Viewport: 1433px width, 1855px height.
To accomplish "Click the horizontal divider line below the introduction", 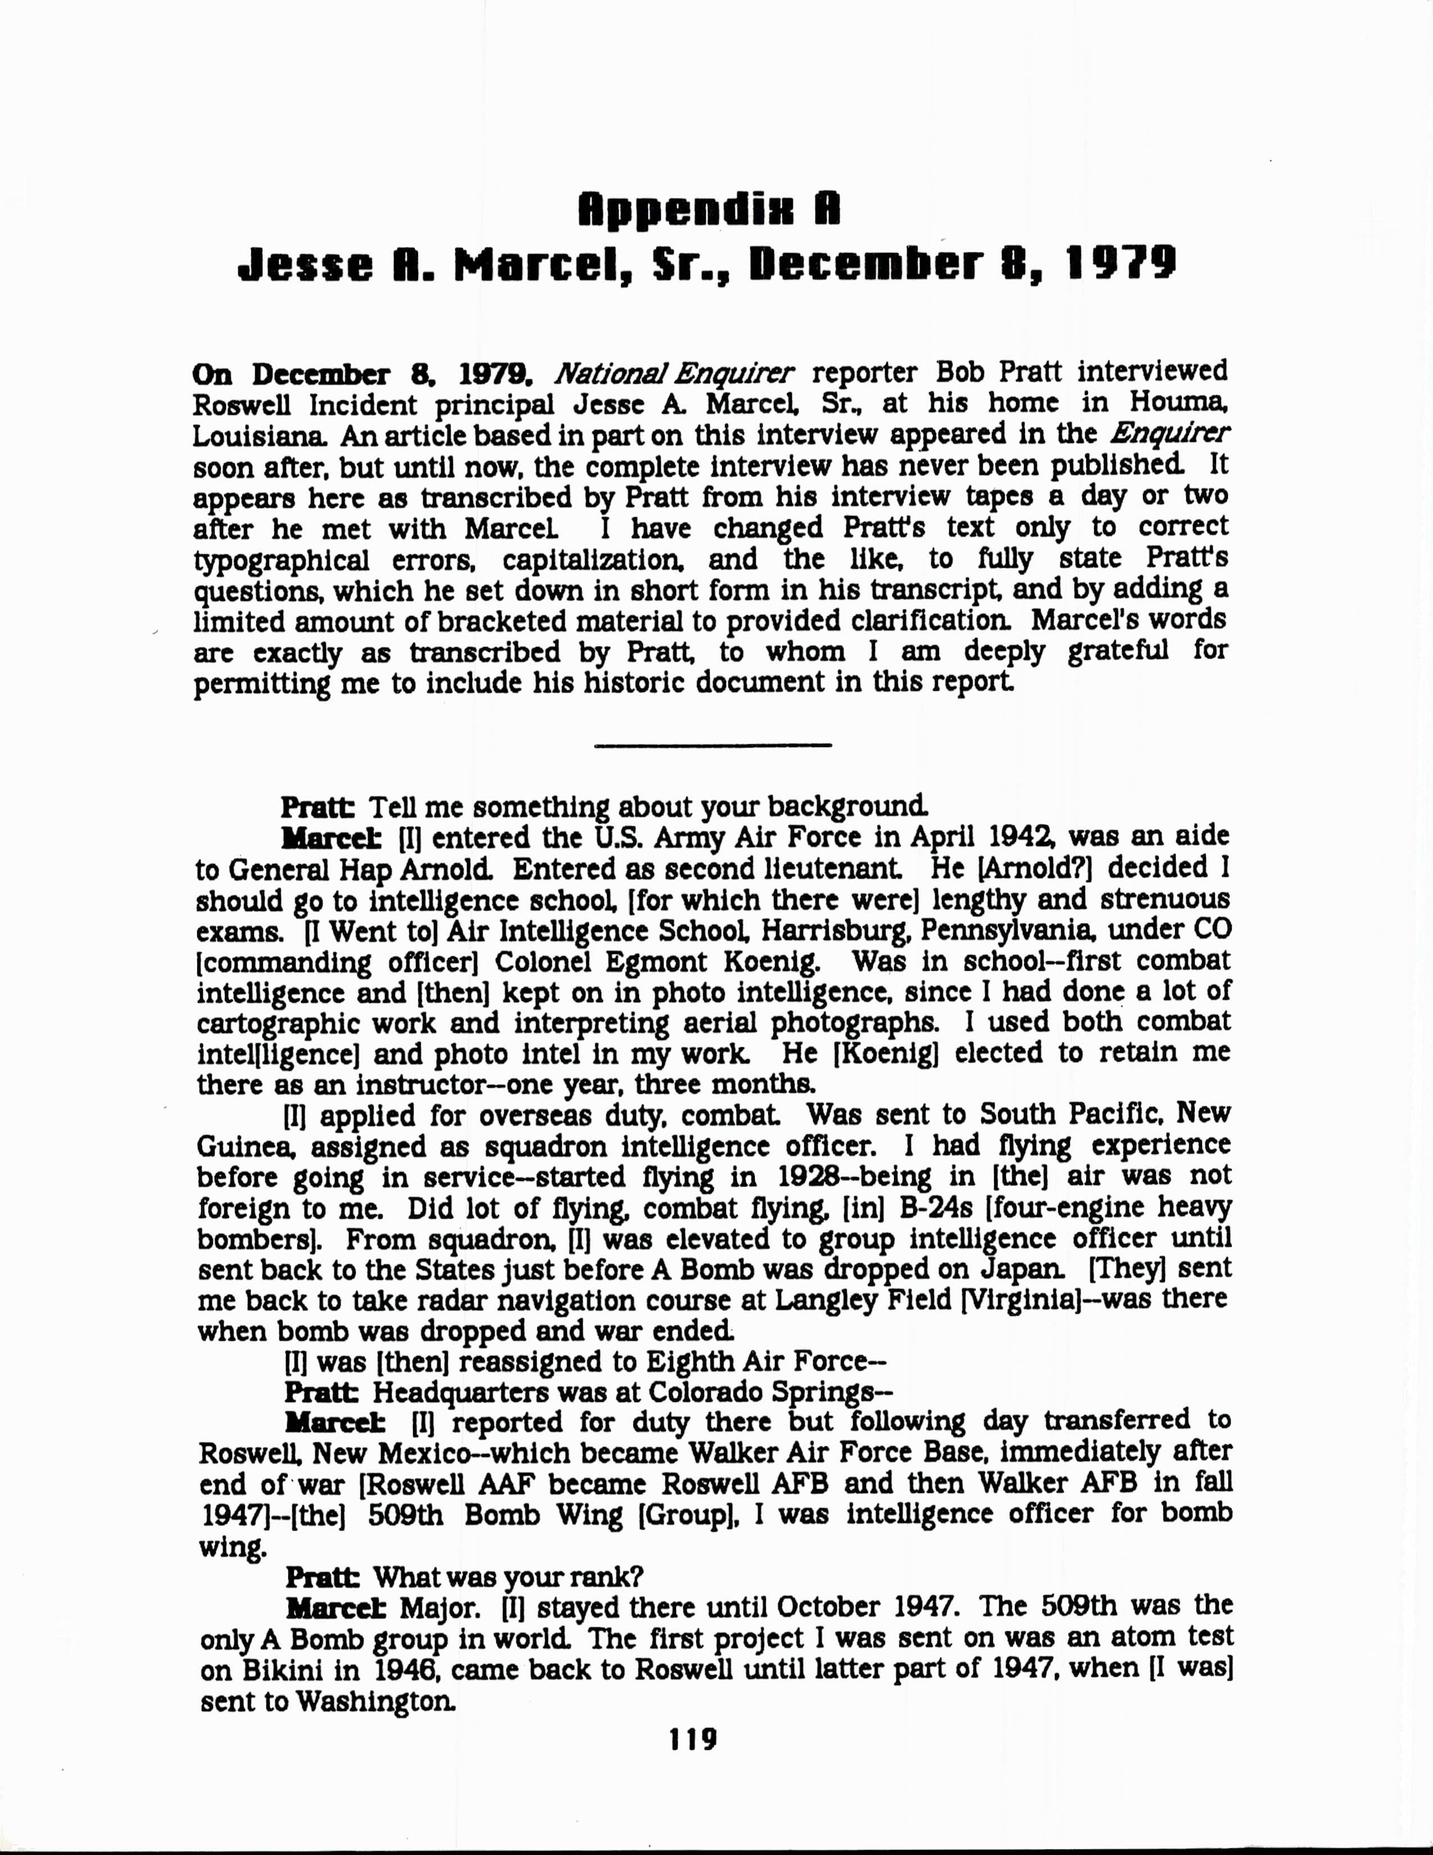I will tap(713, 746).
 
